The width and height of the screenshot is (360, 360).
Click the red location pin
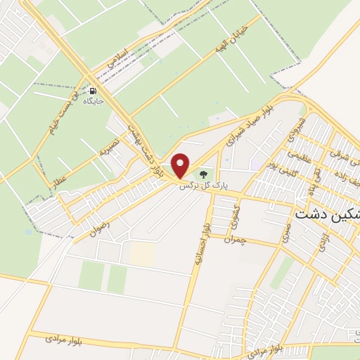point(181,165)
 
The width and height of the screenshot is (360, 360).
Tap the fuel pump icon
point(94,91)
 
